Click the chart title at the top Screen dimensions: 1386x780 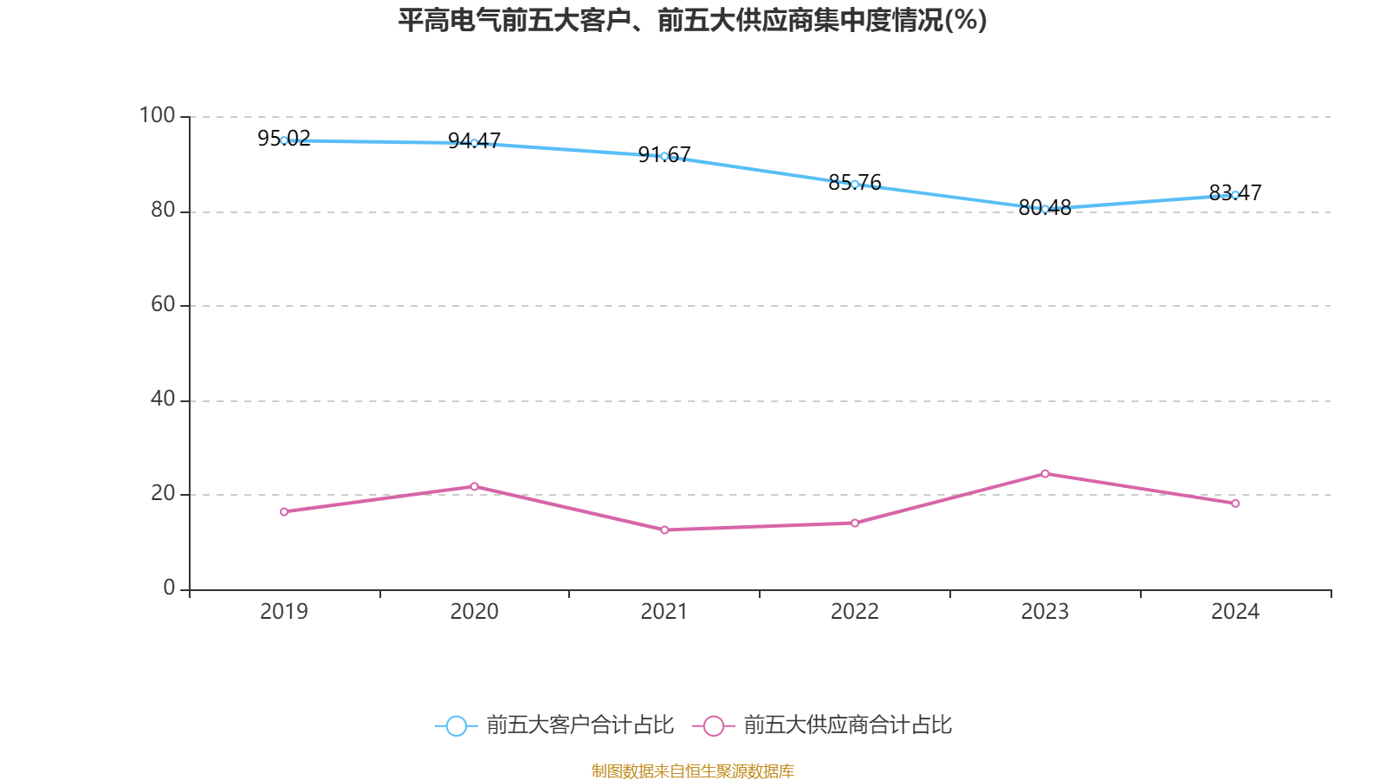pos(692,20)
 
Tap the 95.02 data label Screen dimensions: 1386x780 pos(284,138)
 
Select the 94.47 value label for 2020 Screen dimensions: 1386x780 pos(474,140)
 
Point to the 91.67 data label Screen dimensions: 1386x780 pos(664,154)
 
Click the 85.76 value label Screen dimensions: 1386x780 pos(854,183)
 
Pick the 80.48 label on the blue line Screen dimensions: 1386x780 pos(1045,207)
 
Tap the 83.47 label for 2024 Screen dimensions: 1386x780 pos(1235,193)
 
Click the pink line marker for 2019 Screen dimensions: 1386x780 pos(284,512)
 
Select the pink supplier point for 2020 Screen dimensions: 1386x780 pos(474,486)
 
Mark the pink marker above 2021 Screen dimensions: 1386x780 pos(664,530)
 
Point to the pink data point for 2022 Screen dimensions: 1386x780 pos(854,523)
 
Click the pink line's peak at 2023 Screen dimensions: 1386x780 pos(1045,473)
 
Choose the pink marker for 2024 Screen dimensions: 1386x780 pos(1235,504)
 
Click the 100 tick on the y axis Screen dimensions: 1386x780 pos(157,115)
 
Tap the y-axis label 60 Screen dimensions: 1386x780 pos(164,304)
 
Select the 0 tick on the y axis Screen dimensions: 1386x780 pos(169,588)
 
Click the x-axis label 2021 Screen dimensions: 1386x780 pos(664,612)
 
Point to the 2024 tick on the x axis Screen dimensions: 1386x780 pos(1235,612)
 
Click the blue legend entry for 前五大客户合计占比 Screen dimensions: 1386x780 pos(554,725)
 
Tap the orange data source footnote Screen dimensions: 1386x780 pos(692,770)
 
